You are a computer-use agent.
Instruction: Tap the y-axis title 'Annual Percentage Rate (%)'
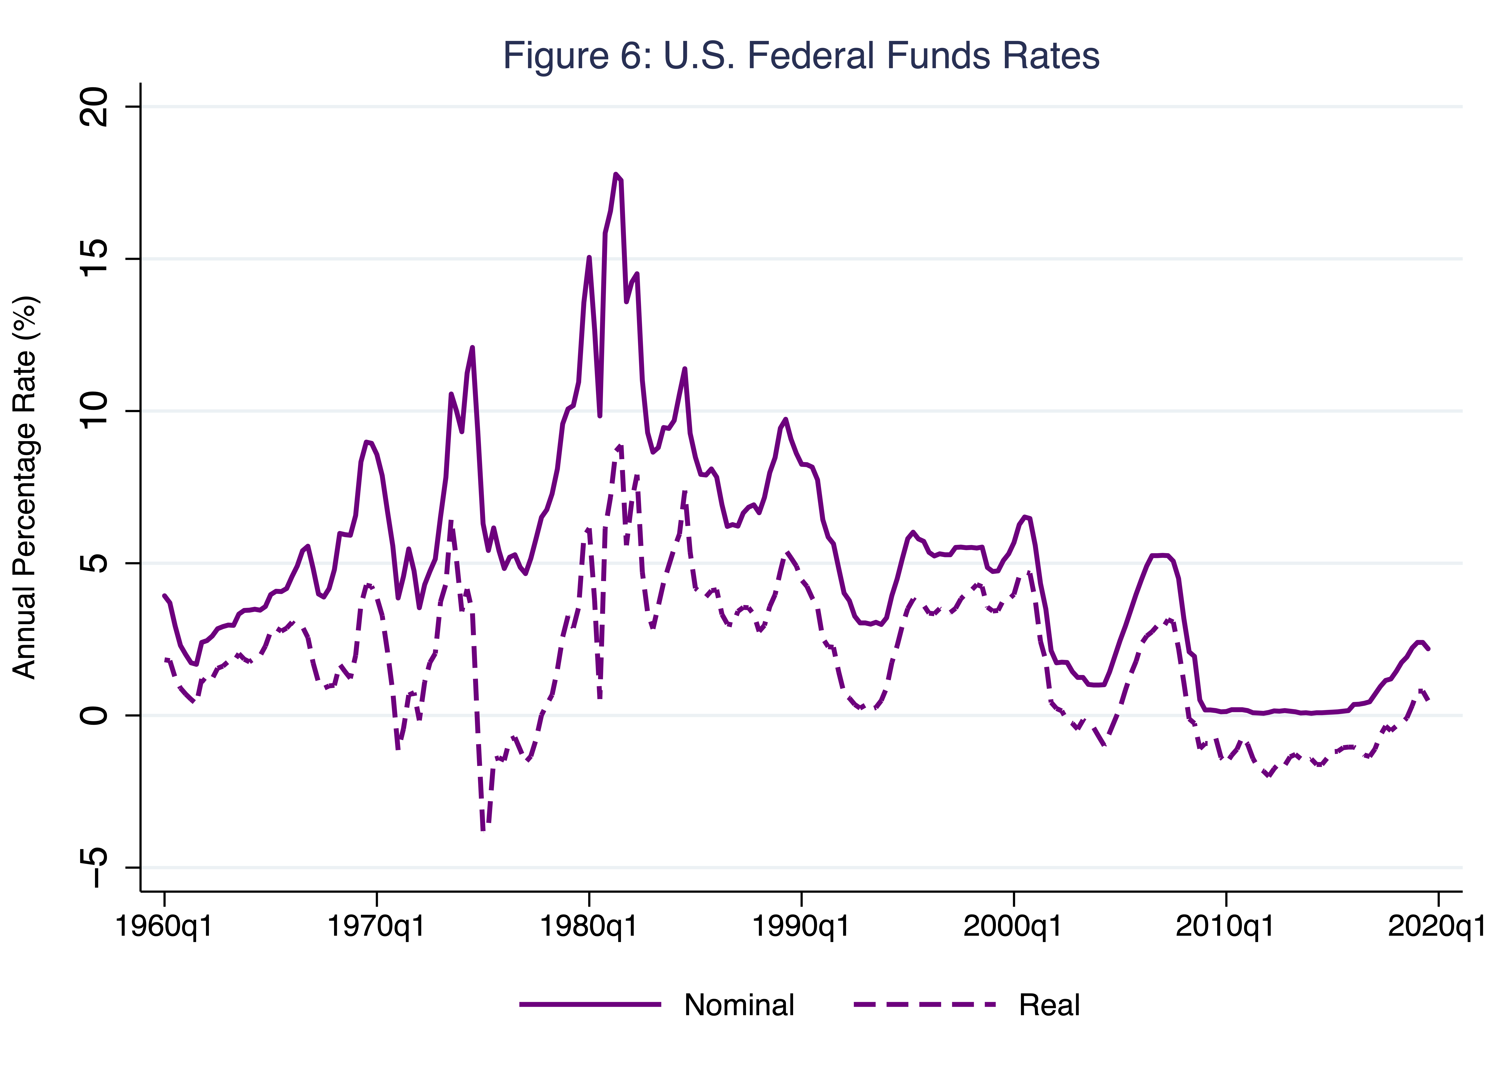[x=25, y=488]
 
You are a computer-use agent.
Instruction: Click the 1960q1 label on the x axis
[x=164, y=926]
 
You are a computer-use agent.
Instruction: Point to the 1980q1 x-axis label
[x=588, y=926]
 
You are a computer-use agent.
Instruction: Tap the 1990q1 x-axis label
[x=801, y=926]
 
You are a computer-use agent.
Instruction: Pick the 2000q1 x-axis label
[x=1013, y=926]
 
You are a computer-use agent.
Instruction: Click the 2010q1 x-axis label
[x=1225, y=926]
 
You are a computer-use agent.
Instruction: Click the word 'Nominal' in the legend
[x=739, y=1005]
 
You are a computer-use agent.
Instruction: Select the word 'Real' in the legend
[x=1049, y=1005]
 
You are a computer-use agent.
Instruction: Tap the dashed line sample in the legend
[x=925, y=1005]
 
